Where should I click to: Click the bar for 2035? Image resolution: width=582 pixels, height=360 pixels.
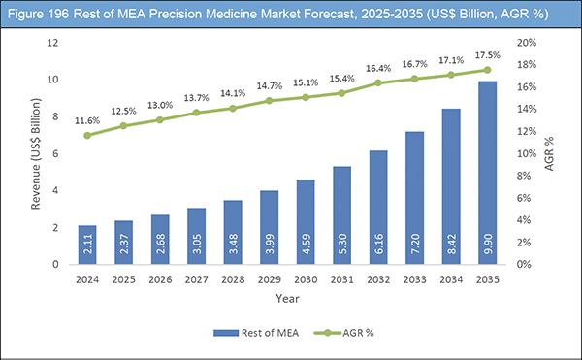[487, 173]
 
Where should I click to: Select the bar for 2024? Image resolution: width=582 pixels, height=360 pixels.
[86, 245]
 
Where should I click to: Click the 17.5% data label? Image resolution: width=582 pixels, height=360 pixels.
[486, 54]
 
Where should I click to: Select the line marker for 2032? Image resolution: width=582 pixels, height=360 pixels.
[377, 82]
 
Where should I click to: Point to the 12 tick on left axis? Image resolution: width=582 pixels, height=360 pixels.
[55, 43]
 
